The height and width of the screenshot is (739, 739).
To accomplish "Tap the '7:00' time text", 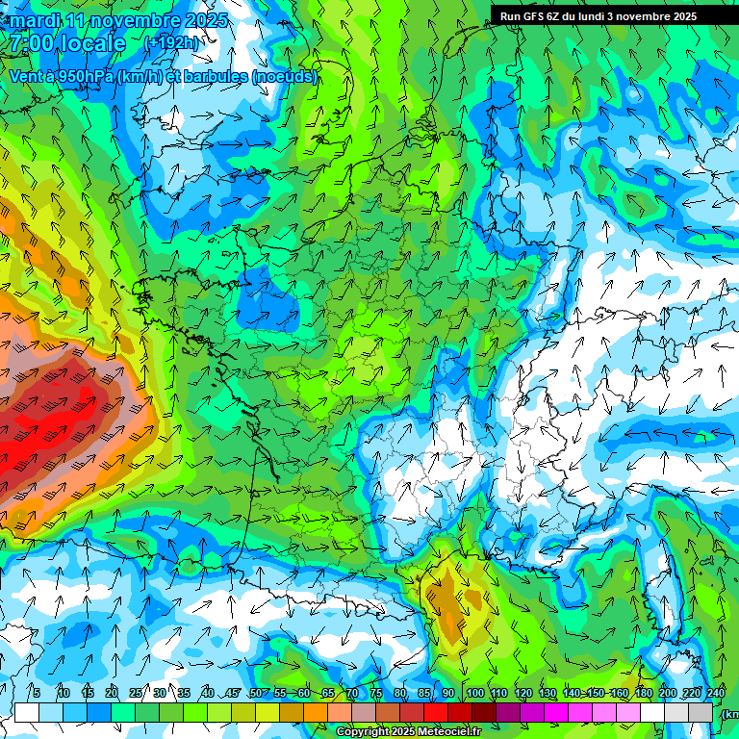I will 33,43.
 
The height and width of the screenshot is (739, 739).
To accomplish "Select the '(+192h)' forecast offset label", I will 170,43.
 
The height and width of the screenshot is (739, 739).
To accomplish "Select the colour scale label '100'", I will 475,694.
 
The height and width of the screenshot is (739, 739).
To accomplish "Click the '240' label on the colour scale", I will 716,694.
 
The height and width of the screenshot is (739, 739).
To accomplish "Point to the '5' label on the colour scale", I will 37,694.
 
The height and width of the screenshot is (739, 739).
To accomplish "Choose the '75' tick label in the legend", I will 376,694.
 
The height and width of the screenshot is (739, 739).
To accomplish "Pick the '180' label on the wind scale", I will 643,694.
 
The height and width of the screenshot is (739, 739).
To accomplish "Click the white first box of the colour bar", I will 27,712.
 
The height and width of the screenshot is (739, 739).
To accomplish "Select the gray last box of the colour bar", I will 701,712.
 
